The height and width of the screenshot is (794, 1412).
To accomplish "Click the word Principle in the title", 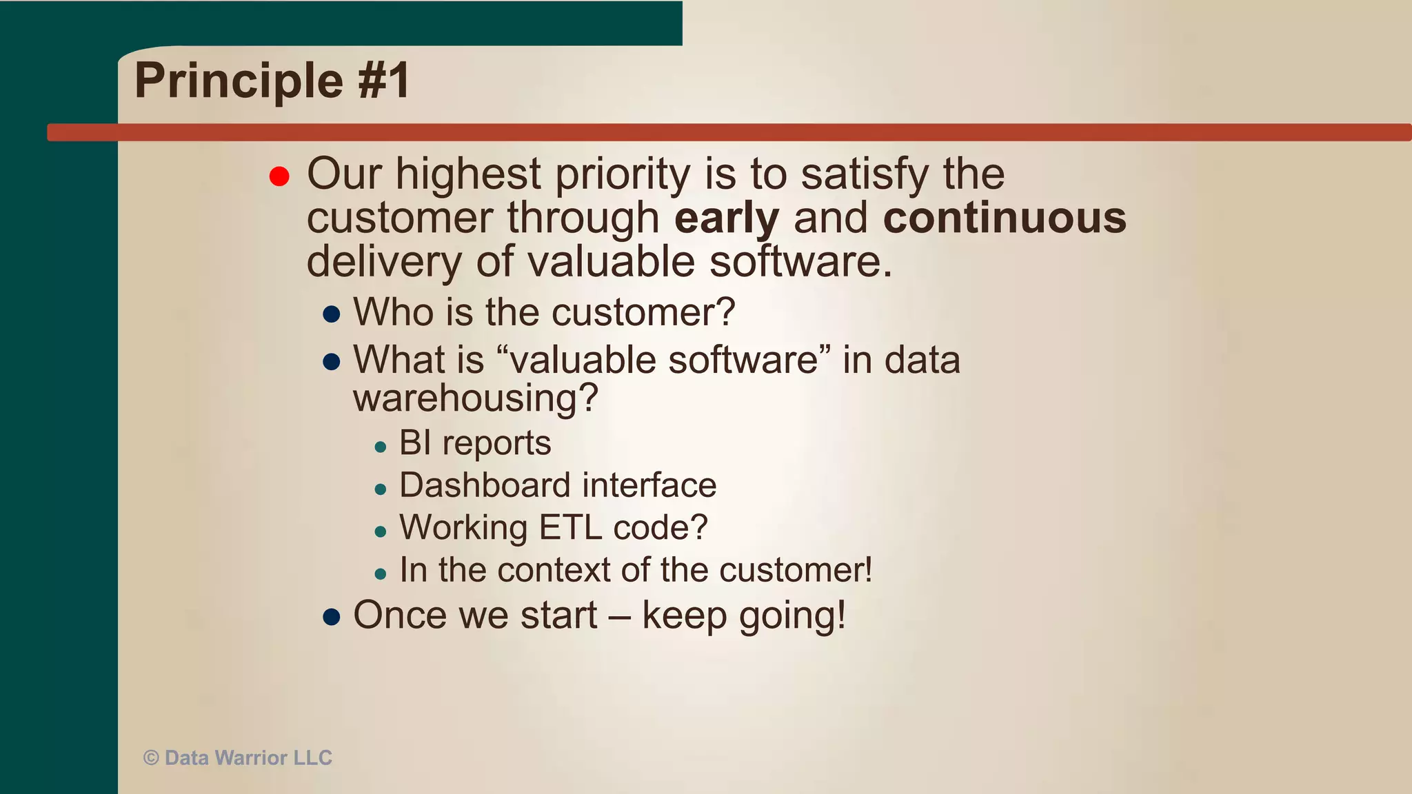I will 239,81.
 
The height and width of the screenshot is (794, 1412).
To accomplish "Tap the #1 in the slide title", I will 384,81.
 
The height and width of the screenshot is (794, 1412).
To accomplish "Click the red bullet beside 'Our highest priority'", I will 279,176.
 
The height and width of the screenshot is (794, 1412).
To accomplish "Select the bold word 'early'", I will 727,218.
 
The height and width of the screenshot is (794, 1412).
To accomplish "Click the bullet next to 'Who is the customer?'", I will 332,314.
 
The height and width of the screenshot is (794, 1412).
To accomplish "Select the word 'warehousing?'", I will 475,398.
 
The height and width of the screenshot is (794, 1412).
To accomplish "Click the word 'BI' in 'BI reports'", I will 415,442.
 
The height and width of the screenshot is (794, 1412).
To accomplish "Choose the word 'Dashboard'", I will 485,485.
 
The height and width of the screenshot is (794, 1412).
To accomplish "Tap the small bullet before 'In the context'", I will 381,573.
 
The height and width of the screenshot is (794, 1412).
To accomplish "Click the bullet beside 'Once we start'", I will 332,617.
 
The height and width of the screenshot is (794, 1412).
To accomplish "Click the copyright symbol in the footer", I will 151,758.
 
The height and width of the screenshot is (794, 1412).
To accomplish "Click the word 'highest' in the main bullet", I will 467,174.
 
